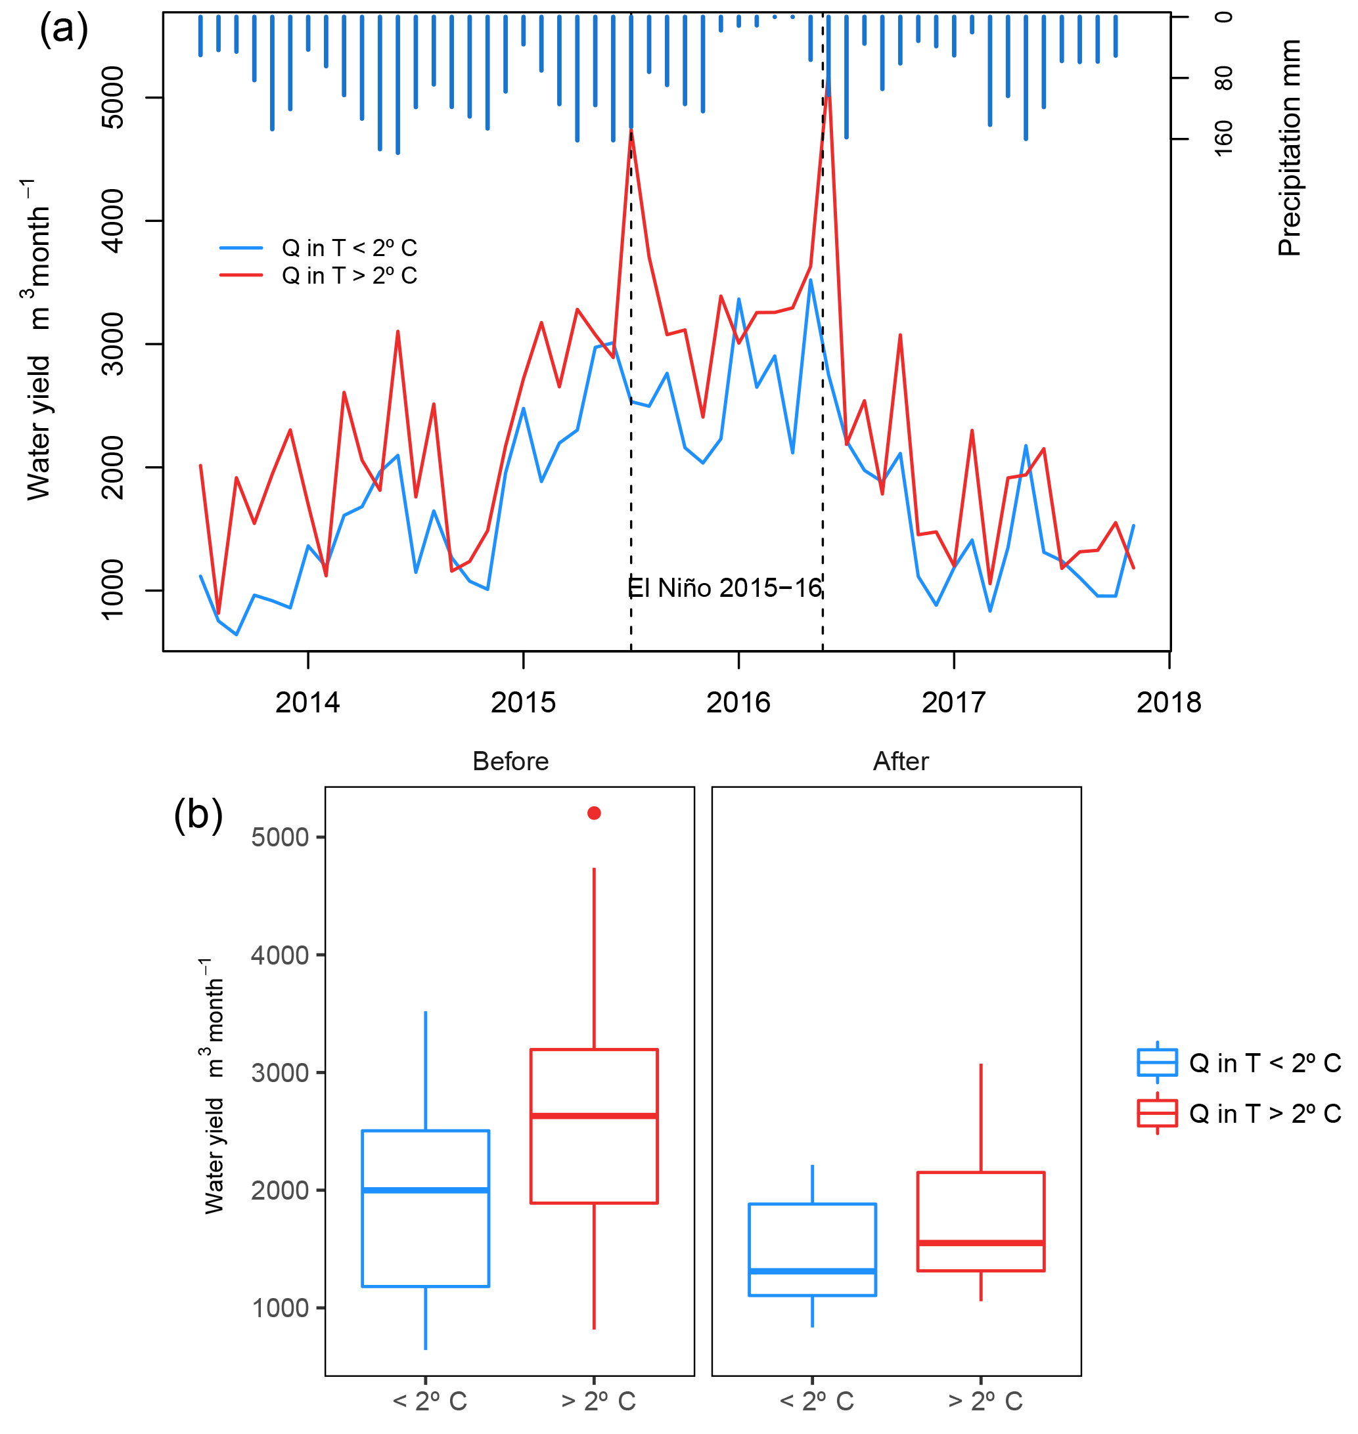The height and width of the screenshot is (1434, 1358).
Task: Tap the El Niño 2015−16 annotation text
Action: point(725,588)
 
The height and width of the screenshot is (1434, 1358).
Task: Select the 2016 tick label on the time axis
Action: point(738,703)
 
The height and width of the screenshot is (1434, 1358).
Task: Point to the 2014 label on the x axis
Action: point(307,703)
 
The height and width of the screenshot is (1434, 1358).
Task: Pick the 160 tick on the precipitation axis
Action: point(1223,137)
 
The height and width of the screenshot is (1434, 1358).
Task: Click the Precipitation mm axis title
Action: point(1289,148)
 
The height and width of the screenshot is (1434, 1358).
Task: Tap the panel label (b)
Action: point(198,815)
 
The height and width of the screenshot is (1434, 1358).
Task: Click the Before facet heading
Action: point(510,761)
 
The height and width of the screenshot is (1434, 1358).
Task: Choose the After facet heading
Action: point(901,761)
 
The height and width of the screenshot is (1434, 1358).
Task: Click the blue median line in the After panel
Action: point(812,1271)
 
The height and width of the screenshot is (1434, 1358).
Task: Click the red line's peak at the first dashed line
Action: point(631,131)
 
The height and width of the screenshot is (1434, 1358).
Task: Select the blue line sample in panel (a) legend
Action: point(241,248)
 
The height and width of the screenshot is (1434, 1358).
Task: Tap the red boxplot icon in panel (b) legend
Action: point(1157,1113)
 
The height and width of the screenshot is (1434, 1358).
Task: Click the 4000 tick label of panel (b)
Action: point(279,955)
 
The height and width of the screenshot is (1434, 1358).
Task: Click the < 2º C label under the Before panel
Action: point(429,1401)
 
